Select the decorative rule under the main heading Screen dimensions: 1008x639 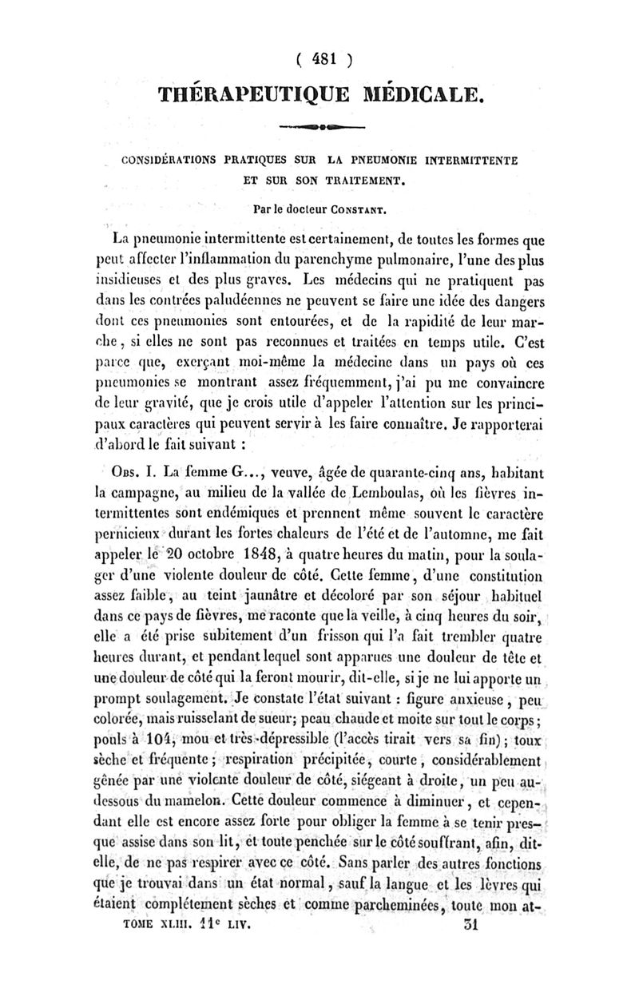(322, 126)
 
